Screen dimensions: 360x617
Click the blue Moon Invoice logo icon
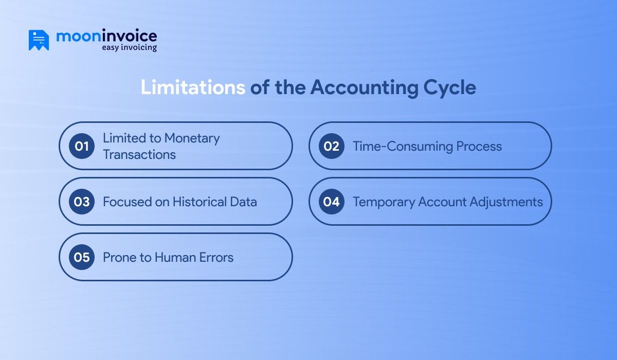[x=39, y=40]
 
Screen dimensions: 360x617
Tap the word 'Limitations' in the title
[x=193, y=87]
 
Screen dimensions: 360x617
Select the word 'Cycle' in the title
[x=450, y=87]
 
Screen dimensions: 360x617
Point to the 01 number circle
[x=82, y=146]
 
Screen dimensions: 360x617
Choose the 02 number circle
[x=332, y=146]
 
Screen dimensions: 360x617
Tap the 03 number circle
[x=82, y=202]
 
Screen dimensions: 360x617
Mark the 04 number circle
[x=332, y=202]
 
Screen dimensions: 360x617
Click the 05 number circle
[x=82, y=257]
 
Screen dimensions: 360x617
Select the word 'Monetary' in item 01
[x=192, y=138]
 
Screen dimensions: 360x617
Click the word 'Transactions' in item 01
[x=139, y=154]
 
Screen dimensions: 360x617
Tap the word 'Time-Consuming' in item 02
[x=395, y=146]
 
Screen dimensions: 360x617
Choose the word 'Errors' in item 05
[x=215, y=257]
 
